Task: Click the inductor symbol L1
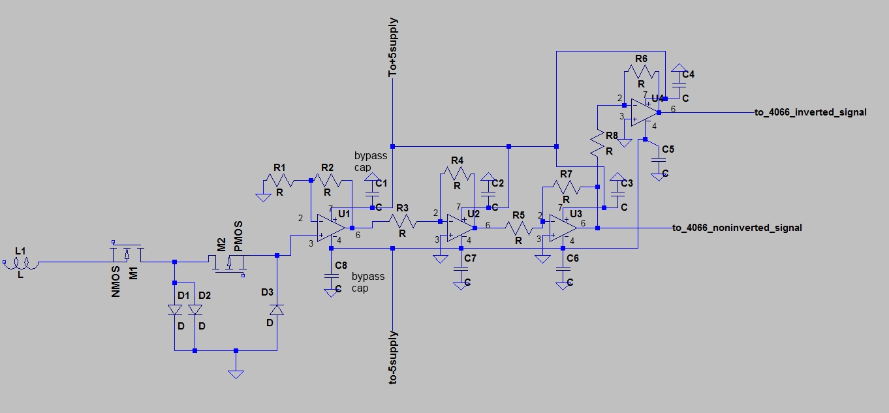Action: point(22,263)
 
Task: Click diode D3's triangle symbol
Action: point(277,310)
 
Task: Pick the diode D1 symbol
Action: point(175,310)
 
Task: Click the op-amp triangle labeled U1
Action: point(330,228)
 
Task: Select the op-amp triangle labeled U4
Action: point(644,113)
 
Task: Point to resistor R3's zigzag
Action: point(402,221)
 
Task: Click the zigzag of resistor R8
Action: point(597,144)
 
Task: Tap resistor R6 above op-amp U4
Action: point(641,72)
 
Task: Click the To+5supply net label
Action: point(392,47)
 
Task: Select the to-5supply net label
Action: point(392,358)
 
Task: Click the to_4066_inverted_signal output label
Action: point(811,112)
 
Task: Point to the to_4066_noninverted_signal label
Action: point(737,228)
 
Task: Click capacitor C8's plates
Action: point(330,277)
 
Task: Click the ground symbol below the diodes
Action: point(236,374)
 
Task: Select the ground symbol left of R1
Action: point(263,198)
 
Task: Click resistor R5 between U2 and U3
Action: point(518,228)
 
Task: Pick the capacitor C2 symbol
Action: point(488,194)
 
